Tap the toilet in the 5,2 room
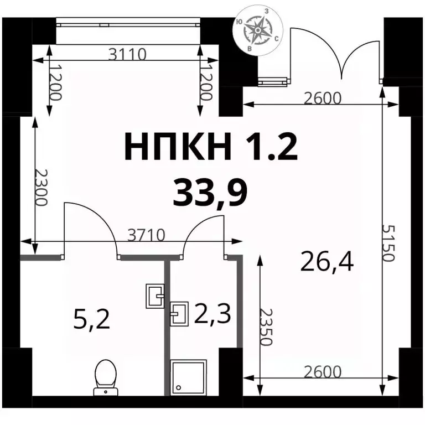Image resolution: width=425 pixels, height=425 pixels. point(106,377)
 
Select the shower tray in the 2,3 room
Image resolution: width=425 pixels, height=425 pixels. point(187,377)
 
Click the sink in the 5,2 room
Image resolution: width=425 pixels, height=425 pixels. point(155,296)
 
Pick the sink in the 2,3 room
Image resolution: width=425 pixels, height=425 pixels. point(179,314)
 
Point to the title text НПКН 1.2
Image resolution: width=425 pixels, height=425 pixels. point(211,146)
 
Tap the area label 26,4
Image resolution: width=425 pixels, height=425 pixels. point(327,262)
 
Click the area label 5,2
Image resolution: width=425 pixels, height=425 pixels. point(92,319)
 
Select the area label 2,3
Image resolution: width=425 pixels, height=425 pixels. point(212,313)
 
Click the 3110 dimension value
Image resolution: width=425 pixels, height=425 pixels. point(127,54)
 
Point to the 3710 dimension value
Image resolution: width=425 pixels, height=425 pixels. point(146,235)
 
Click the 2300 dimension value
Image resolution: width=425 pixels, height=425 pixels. point(42,188)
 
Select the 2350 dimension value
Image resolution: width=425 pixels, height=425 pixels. point(265,326)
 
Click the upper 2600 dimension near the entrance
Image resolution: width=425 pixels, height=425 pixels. point(322,99)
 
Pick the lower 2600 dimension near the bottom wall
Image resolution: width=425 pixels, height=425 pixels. point(322,372)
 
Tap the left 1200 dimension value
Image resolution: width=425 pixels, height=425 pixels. point(56,82)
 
